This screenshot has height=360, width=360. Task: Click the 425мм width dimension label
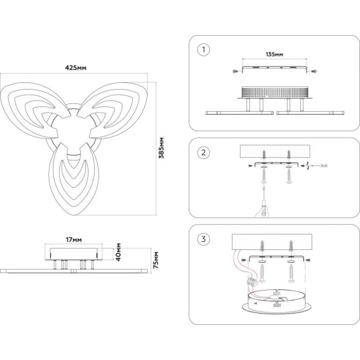click(76, 68)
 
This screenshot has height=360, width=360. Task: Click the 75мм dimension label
click(156, 260)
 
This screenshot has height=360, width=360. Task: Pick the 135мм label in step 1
click(274, 54)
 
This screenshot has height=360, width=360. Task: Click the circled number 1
click(204, 49)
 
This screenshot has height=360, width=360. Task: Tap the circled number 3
click(204, 239)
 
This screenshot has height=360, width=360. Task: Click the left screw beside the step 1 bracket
click(234, 71)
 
